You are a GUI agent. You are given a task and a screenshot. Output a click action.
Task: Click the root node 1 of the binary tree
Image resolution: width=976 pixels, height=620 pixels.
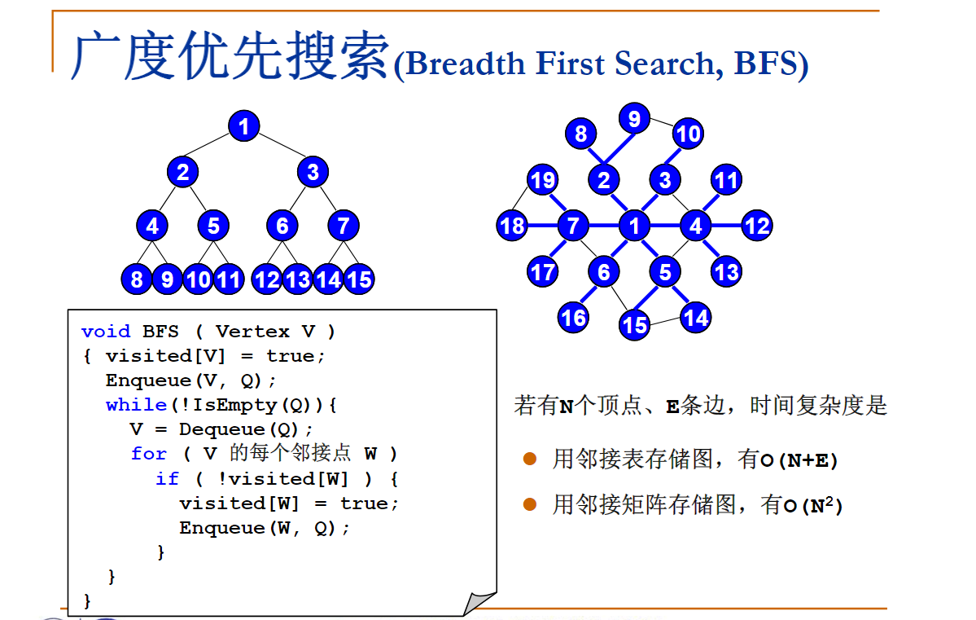pyautogui.click(x=243, y=126)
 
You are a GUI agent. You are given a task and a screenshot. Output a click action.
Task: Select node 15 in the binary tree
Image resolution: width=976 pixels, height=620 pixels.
pyautogui.click(x=358, y=279)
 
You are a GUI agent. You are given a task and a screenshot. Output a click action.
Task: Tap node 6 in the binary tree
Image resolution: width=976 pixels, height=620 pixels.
pyautogui.click(x=282, y=225)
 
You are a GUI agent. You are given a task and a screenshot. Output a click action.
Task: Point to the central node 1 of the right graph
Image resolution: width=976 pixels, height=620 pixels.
pyautogui.click(x=634, y=226)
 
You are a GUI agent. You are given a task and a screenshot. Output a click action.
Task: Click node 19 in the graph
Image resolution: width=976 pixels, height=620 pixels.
pyautogui.click(x=542, y=179)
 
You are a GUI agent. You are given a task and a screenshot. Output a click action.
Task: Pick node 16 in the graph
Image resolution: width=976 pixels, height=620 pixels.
pyautogui.click(x=573, y=316)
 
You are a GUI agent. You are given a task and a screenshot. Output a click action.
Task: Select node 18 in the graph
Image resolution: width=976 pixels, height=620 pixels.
pyautogui.click(x=512, y=226)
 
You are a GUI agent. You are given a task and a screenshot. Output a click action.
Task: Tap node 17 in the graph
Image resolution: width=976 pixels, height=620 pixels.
pyautogui.click(x=542, y=271)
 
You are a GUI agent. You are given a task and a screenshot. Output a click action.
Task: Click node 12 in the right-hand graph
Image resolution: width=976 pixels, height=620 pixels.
pyautogui.click(x=757, y=226)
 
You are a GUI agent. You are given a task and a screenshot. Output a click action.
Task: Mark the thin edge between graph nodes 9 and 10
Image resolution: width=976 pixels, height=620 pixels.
pyautogui.click(x=661, y=125)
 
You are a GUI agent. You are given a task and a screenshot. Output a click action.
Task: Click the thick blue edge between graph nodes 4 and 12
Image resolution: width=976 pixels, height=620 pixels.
pyautogui.click(x=726, y=225)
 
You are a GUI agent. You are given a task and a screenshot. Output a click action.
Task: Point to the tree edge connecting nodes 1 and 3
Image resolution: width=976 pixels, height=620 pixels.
pyautogui.click(x=278, y=148)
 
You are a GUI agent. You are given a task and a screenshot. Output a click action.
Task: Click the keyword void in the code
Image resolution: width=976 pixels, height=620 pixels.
pyautogui.click(x=106, y=331)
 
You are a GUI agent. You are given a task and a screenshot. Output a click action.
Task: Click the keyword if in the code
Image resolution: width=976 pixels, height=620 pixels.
pyautogui.click(x=166, y=478)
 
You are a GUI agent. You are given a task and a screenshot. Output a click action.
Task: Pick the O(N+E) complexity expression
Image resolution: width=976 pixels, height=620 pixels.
pyautogui.click(x=799, y=460)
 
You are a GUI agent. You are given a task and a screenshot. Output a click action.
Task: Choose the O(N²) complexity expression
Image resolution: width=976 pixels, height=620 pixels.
pyautogui.click(x=812, y=505)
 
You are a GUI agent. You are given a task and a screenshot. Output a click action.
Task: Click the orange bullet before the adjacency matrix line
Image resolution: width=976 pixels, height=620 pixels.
pyautogui.click(x=530, y=505)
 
